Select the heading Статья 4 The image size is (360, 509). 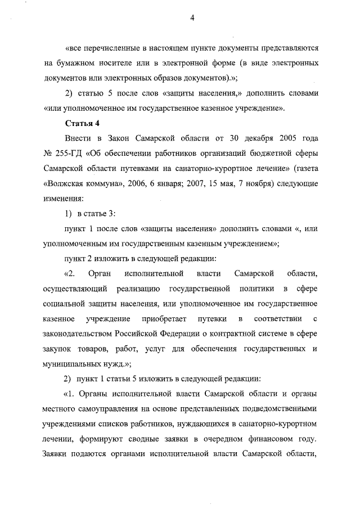83,123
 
